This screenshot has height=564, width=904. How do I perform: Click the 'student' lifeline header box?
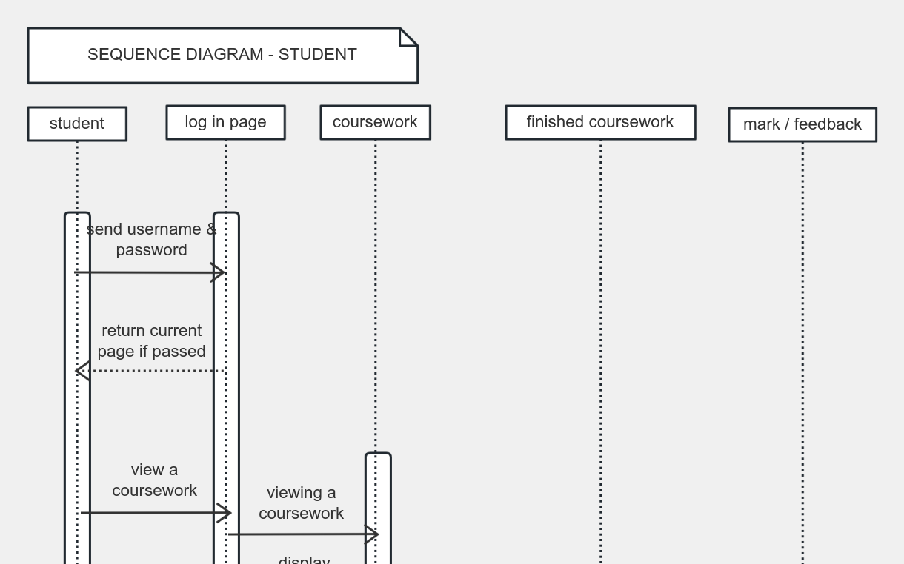coord(77,124)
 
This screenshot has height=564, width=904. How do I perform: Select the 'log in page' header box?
coord(225,122)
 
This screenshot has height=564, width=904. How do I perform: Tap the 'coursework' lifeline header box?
coord(375,122)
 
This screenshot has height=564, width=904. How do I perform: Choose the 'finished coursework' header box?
coord(600,122)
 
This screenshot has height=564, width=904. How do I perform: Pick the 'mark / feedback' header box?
coord(802,124)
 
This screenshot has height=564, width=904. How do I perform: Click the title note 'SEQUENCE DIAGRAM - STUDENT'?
coord(222,56)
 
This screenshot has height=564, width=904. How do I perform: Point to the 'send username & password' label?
coord(151,239)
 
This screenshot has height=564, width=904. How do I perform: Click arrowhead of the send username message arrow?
coord(219,273)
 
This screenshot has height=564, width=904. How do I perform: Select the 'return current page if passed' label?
coord(151,340)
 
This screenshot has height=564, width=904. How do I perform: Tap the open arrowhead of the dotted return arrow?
coord(82,371)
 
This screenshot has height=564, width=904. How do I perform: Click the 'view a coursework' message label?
coord(154,480)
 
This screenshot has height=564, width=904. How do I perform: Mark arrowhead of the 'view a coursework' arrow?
coord(226,513)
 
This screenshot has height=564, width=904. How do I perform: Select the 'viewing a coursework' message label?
coord(301,503)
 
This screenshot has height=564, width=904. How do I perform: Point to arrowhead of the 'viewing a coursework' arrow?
coord(373,534)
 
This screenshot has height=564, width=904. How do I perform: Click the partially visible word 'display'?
coord(304,560)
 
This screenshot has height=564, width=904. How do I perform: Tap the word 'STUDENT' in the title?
coord(317,55)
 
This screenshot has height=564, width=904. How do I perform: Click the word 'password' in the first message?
coord(151,250)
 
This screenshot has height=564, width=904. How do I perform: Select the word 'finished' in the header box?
coord(554,122)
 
